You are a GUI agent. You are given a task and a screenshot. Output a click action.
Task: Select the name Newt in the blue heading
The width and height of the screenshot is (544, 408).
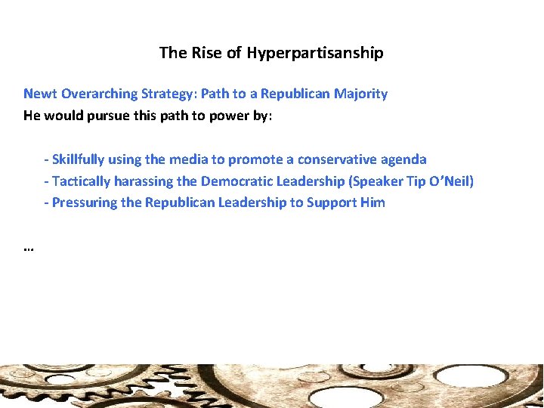[x=41, y=94]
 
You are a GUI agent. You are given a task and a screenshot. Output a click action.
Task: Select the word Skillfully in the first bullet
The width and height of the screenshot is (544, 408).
[x=79, y=159]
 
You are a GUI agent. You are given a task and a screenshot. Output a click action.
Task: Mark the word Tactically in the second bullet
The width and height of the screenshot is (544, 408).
[x=81, y=181]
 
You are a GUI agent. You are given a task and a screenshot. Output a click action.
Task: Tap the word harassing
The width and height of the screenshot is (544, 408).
[x=143, y=181]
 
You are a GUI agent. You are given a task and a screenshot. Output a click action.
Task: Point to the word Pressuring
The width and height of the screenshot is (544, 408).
[x=82, y=202]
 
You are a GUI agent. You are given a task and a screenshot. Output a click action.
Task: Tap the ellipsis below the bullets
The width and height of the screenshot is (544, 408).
[x=29, y=248]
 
